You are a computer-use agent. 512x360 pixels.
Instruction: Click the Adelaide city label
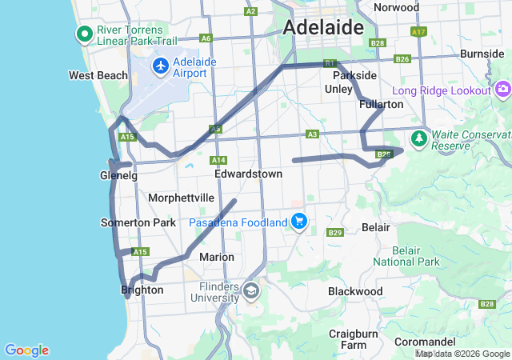322,27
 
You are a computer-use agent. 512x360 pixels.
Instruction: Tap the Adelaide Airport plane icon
161,65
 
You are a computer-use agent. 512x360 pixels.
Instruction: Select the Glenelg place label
119,175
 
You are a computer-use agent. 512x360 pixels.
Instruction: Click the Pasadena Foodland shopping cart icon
299,222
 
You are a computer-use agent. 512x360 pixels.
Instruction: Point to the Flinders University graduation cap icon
251,290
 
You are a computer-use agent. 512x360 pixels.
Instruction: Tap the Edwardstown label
248,174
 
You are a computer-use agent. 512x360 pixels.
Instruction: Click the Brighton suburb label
142,290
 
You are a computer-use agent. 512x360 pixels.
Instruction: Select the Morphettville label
181,198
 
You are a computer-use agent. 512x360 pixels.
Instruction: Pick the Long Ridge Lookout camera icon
503,88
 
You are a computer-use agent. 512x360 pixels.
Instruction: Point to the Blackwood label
355,291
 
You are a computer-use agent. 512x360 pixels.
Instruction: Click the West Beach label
98,76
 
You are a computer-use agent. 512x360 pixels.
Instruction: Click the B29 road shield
335,233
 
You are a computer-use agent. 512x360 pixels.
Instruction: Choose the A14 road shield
219,160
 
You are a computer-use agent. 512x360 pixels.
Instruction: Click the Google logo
26,350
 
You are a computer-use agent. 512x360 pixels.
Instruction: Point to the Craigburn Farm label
353,339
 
